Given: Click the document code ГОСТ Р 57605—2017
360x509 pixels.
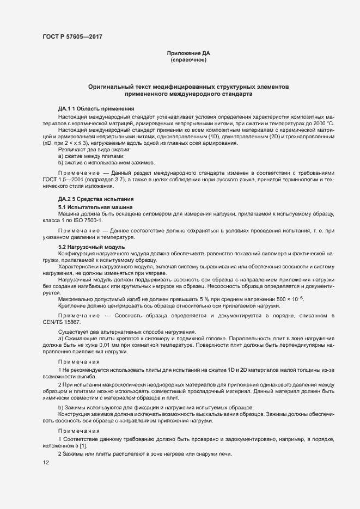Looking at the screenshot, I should (x=72, y=36).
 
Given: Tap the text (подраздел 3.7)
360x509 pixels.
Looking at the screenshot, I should (x=116, y=179).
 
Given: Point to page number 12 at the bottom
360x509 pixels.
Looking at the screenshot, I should (x=46, y=463).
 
